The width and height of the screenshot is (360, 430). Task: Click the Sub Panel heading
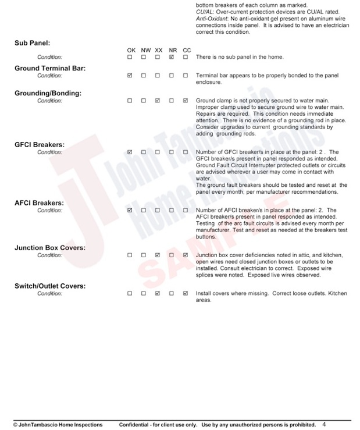[32, 43]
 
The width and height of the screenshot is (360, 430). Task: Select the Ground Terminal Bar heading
[50, 68]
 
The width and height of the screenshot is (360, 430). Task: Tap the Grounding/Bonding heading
[48, 93]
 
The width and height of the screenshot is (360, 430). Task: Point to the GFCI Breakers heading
[40, 145]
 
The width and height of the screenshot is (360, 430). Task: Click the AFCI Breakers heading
[39, 203]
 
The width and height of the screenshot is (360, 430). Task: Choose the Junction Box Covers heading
[50, 248]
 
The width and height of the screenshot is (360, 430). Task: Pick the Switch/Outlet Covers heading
[50, 286]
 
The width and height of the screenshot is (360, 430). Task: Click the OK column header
[131, 51]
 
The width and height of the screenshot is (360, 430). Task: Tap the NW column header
[145, 51]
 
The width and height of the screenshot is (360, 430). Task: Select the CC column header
[187, 51]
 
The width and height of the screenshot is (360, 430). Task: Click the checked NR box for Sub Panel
[172, 57]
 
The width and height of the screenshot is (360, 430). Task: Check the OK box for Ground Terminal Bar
[130, 76]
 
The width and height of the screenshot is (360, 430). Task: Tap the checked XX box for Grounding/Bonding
[158, 101]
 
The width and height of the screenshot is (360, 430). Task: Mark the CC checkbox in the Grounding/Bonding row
[186, 101]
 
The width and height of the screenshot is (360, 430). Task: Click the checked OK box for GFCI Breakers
[130, 152]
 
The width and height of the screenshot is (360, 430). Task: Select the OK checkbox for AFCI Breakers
[130, 211]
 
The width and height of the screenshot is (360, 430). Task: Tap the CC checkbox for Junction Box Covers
[186, 255]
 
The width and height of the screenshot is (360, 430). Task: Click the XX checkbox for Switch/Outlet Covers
[158, 294]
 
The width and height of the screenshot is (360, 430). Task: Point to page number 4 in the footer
[324, 424]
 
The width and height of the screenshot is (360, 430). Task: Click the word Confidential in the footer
[133, 425]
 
